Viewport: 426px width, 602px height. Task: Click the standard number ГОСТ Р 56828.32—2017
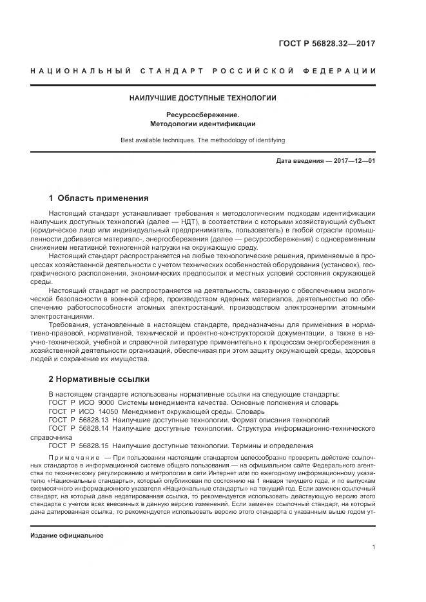coord(326,44)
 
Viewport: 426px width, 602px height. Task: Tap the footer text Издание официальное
coord(67,536)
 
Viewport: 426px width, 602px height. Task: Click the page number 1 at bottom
coord(373,547)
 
